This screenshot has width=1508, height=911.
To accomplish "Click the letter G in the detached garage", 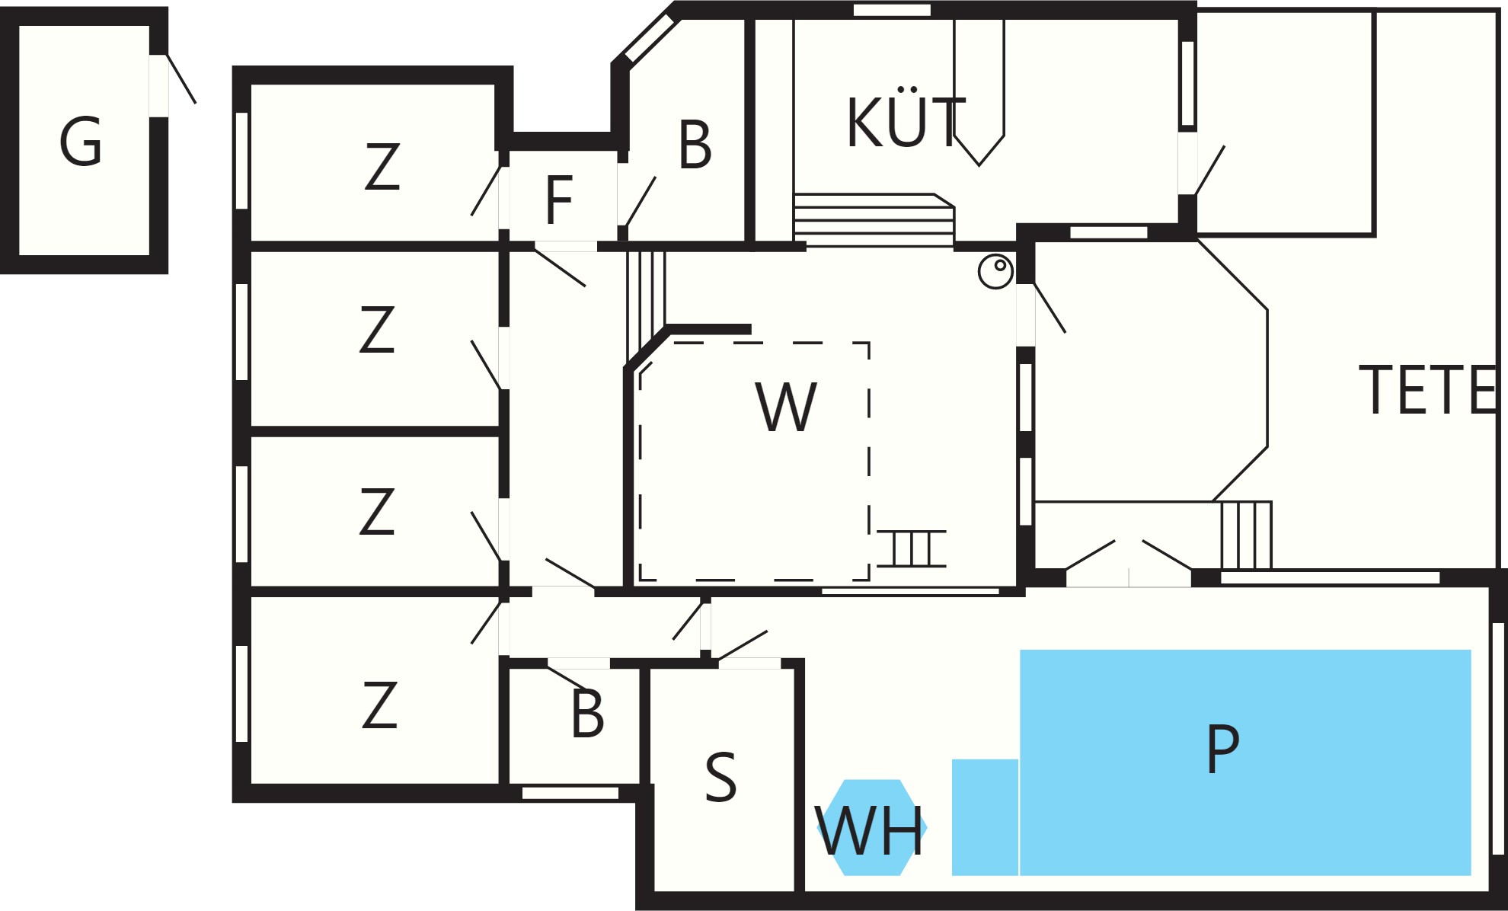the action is coord(81,142).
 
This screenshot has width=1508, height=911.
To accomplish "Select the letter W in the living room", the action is coord(786,407).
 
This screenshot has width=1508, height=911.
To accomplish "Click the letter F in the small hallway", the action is coord(559,200).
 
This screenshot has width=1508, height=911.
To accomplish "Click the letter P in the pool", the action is coord(1222,748).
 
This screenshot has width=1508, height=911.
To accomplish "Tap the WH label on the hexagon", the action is coord(870,830).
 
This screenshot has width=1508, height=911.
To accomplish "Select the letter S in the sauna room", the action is coord(720,777).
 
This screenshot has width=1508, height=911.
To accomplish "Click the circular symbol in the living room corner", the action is coord(995,271).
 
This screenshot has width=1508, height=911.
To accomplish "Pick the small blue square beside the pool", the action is coord(985,817).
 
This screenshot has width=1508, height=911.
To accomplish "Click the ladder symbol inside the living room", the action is coord(912,548).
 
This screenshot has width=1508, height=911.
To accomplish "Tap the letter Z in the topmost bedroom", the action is coord(382,167).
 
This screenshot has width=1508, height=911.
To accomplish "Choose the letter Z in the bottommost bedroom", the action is coord(379,705).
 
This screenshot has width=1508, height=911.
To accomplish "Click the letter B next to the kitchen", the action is coord(695,144).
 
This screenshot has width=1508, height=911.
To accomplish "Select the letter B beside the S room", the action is coord(587,714).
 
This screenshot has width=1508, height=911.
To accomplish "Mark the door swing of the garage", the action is coord(181,78).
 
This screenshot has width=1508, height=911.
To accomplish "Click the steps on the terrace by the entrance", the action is coord(1246,535).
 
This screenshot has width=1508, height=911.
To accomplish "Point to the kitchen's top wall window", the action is coord(892,10).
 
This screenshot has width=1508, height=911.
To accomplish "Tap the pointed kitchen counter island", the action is coord(979,91).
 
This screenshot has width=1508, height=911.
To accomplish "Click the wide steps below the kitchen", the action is coord(874,219).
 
